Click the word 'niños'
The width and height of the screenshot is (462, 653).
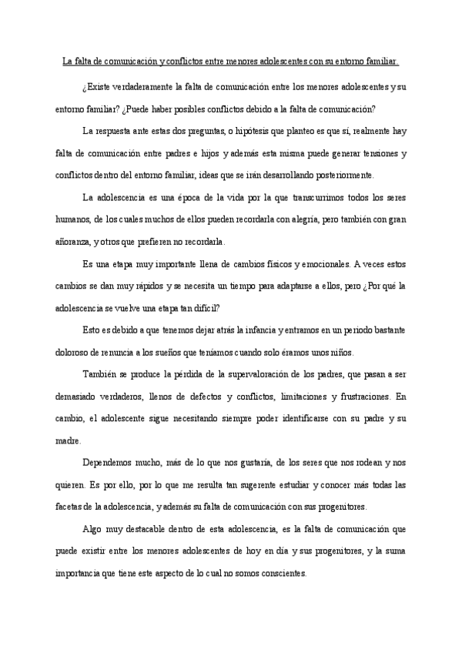pos(340,353)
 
